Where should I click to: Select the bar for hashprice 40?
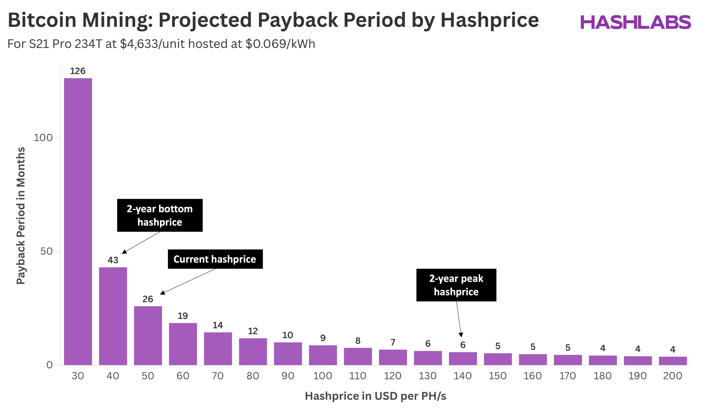113,316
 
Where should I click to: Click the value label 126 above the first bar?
78,71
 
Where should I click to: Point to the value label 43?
113,260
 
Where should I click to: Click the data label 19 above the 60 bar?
183,316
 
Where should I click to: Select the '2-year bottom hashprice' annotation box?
160,215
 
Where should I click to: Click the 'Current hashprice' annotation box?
215,259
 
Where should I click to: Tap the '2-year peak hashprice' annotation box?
456,285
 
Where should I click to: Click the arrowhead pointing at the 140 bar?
461,334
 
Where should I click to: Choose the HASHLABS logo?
636,22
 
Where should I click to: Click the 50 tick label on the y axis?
46,251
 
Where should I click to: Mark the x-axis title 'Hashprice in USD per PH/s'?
375,396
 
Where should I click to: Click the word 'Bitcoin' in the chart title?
42,20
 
